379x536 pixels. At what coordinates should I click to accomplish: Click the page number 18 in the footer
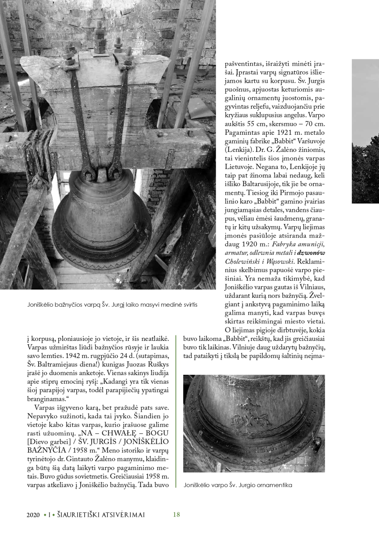(176, 514)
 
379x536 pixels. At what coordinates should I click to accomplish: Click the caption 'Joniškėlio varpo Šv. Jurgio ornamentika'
(238, 485)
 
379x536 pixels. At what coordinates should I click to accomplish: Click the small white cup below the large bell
(118, 281)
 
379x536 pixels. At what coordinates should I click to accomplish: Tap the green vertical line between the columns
(175, 411)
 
